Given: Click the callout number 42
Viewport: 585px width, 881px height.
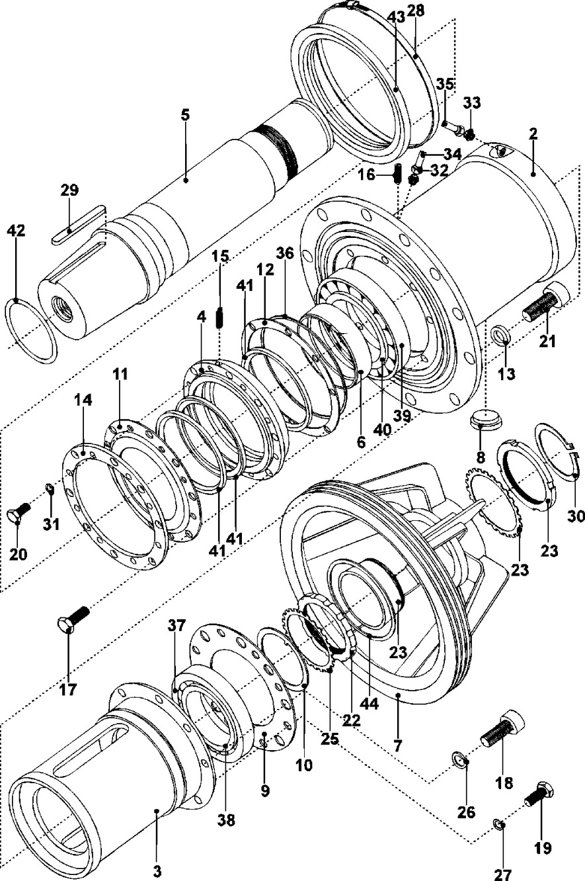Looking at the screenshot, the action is (x=16, y=230).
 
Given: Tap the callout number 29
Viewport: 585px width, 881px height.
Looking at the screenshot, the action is (x=69, y=190).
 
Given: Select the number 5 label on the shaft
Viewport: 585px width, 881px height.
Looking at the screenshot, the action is (x=185, y=115).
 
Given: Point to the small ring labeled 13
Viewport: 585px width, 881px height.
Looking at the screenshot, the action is (x=500, y=334).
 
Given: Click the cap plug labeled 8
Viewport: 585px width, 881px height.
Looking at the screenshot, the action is (x=487, y=420).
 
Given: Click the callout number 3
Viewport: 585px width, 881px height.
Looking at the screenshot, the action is (x=157, y=871).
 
